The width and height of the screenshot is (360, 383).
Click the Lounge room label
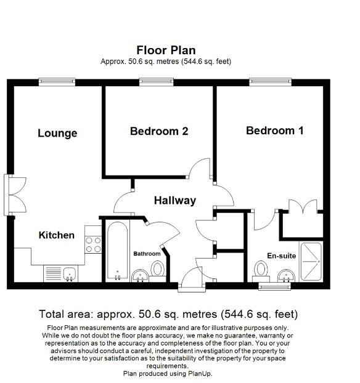[x=57, y=133]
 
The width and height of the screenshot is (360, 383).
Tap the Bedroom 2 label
[x=158, y=131]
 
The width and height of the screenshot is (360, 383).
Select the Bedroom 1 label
[x=274, y=131]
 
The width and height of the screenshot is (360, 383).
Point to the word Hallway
[x=174, y=200]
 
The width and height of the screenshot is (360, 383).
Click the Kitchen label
[x=57, y=235]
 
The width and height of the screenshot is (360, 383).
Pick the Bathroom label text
[x=147, y=254]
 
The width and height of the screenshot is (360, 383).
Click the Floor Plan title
[x=166, y=49]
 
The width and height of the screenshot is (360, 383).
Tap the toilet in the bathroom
[x=158, y=270]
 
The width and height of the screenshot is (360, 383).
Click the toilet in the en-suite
[x=261, y=270]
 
